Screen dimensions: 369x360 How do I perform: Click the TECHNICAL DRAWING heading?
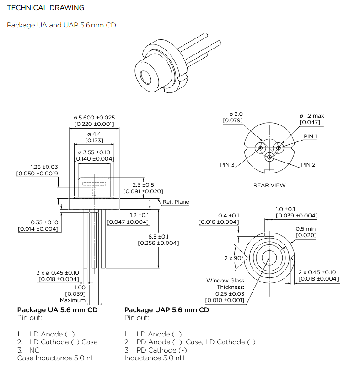pos(46,8)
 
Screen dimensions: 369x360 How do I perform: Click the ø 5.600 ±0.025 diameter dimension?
pos(94,118)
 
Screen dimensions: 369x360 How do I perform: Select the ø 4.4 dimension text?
pos(94,134)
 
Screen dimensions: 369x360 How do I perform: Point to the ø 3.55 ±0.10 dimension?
pos(94,152)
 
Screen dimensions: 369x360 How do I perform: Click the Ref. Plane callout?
pos(176,202)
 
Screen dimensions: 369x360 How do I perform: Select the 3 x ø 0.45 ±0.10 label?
pos(58,272)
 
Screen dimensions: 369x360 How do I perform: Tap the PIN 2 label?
pos(308,165)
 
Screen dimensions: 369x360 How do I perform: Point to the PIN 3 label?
pos(227,165)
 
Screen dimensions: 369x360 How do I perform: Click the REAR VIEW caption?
pos(269,185)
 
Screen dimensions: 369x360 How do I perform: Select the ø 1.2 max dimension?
pos(312,116)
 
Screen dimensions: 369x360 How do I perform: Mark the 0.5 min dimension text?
pos(306,229)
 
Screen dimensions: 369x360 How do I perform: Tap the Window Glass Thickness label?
pos(225,284)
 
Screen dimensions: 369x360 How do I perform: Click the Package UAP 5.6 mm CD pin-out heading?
pos(167,310)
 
